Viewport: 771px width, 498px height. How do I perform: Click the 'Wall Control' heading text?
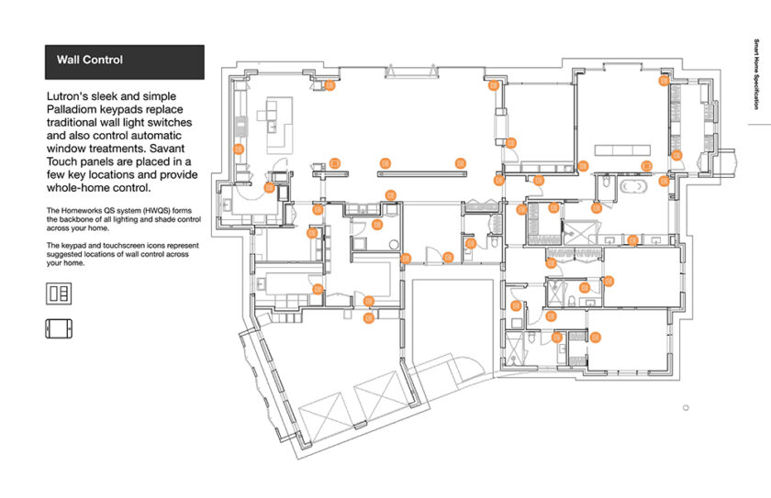(90, 60)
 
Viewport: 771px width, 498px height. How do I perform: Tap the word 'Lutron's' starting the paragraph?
(67, 96)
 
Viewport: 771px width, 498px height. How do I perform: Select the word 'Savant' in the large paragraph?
(167, 149)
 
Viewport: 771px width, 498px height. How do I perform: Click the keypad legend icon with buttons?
(59, 293)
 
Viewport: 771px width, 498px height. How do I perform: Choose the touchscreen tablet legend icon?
(59, 328)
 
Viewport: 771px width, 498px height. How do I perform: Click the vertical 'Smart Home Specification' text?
(756, 74)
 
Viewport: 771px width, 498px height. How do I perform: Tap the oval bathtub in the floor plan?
(633, 187)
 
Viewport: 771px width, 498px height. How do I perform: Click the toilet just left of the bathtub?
(606, 183)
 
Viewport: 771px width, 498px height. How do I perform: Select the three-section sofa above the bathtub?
(622, 149)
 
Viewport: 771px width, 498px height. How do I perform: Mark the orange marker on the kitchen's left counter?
(239, 149)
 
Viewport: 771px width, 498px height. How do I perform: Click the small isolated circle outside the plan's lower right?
(686, 407)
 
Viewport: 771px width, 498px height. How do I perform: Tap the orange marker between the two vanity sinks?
(632, 240)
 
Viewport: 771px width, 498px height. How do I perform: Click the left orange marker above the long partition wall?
(385, 163)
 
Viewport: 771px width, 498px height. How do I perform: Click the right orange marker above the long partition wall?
(461, 163)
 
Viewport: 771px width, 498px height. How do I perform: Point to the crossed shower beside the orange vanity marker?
(578, 232)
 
